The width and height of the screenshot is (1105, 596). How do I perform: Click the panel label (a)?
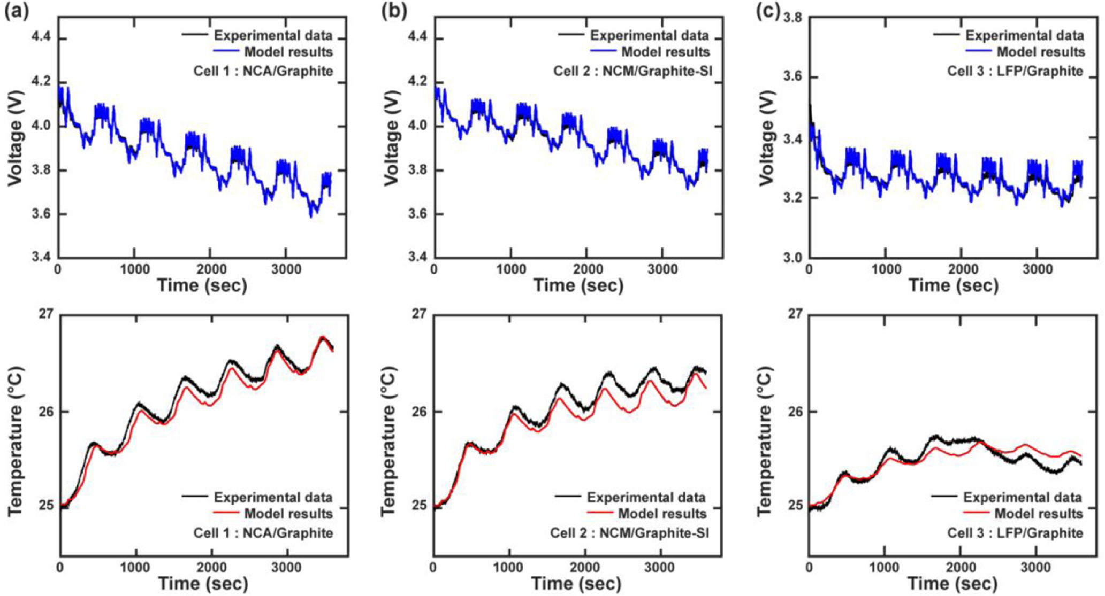pos(14,11)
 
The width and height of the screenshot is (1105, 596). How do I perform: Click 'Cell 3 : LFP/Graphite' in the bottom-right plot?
pos(1015,533)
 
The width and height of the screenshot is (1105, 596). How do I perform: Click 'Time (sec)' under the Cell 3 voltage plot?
pos(953,285)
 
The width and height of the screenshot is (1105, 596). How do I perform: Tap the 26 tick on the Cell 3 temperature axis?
pos(797,412)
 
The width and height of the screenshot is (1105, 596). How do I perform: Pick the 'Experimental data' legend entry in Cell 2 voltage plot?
pos(649,36)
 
